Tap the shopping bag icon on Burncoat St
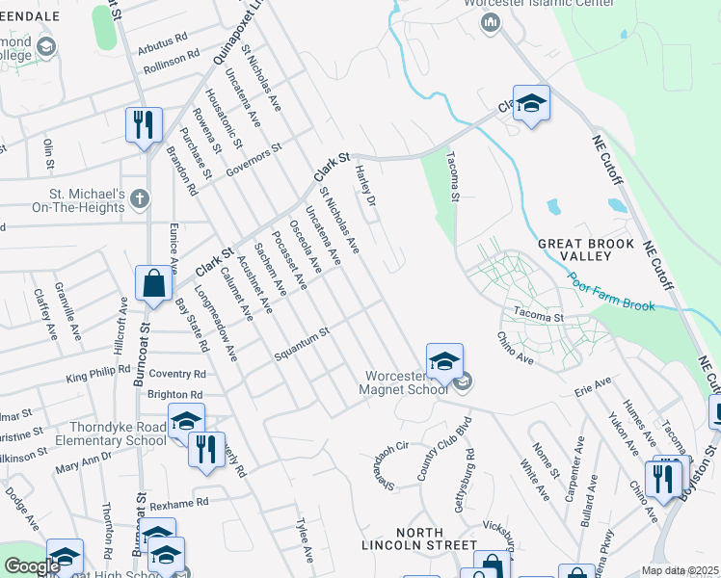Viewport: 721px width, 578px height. click(153, 283)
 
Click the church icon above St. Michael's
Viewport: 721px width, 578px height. click(140, 199)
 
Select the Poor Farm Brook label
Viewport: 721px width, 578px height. click(611, 293)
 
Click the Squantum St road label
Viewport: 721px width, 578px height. click(302, 342)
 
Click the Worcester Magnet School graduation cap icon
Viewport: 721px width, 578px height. click(444, 361)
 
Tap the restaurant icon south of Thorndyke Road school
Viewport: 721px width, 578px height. click(206, 450)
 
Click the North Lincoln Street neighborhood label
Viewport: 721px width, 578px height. click(418, 540)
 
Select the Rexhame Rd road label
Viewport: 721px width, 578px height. click(179, 503)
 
